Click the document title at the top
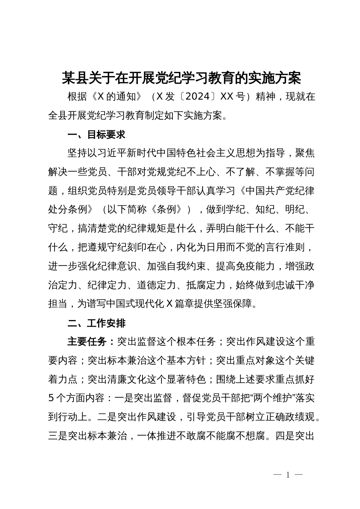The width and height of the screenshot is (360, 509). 182,78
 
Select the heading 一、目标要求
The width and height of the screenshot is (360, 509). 96,135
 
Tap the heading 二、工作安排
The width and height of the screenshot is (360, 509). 96,323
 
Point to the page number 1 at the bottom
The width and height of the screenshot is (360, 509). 288,475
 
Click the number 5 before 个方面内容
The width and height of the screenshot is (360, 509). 52,398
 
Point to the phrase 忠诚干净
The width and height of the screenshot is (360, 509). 295,286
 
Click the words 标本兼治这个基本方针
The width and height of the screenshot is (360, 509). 156,361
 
